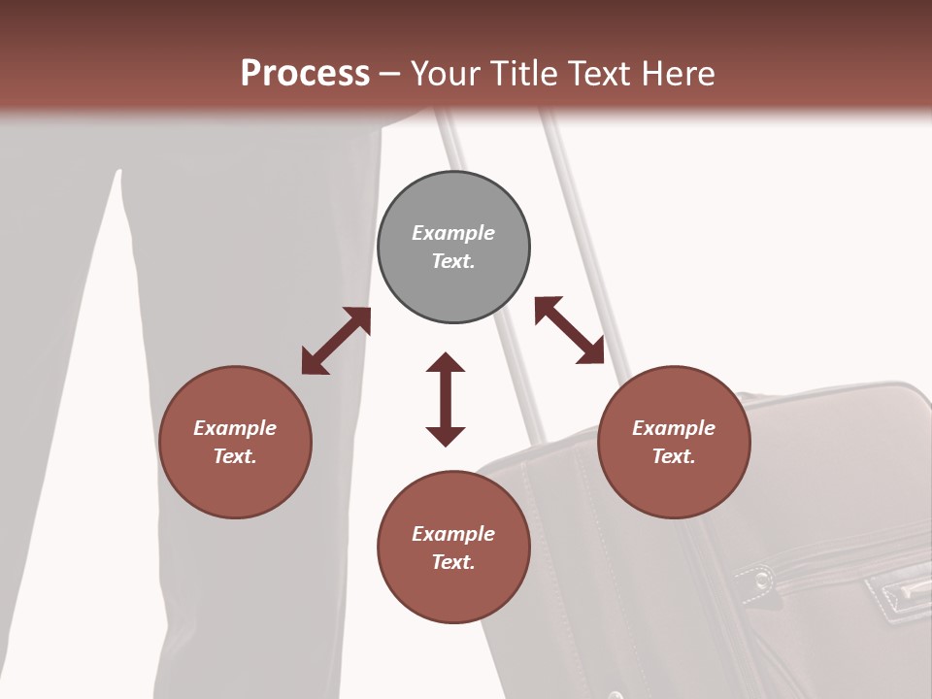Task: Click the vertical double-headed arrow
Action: pyautogui.click(x=446, y=399)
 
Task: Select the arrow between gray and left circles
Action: pyautogui.click(x=336, y=341)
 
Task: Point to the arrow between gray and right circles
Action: pyautogui.click(x=570, y=330)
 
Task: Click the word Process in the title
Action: pyautogui.click(x=305, y=73)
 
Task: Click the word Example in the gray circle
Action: pyautogui.click(x=453, y=233)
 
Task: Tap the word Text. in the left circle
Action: pyautogui.click(x=235, y=456)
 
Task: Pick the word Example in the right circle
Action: pyautogui.click(x=674, y=428)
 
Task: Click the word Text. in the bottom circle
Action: pyautogui.click(x=453, y=562)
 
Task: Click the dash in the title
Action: pyautogui.click(x=390, y=74)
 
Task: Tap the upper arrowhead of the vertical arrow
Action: pyautogui.click(x=446, y=363)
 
